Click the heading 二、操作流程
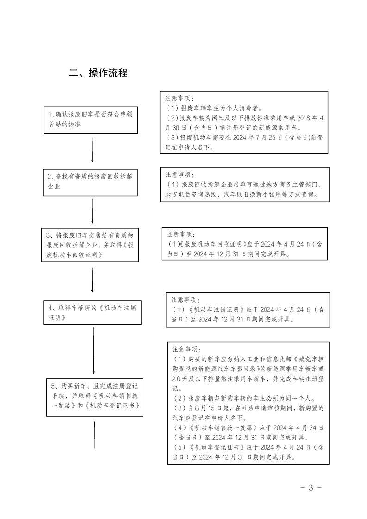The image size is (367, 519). [x=99, y=73]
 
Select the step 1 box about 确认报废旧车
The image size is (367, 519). [x=91, y=120]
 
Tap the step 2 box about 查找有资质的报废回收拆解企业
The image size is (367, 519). [x=90, y=182]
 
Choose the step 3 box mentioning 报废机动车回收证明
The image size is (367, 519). [x=90, y=245]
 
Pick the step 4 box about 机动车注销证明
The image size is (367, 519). [x=92, y=312]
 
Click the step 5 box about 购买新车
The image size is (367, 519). [x=95, y=397]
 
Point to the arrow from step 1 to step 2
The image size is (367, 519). [x=93, y=150]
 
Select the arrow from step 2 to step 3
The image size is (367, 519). [x=93, y=211]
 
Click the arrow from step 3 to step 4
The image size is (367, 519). [x=93, y=280]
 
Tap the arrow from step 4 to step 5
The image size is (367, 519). [x=94, y=351]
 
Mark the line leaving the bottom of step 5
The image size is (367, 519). [x=94, y=435]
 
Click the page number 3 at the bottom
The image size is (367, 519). [x=311, y=488]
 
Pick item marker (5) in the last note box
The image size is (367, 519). [x=180, y=447]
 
